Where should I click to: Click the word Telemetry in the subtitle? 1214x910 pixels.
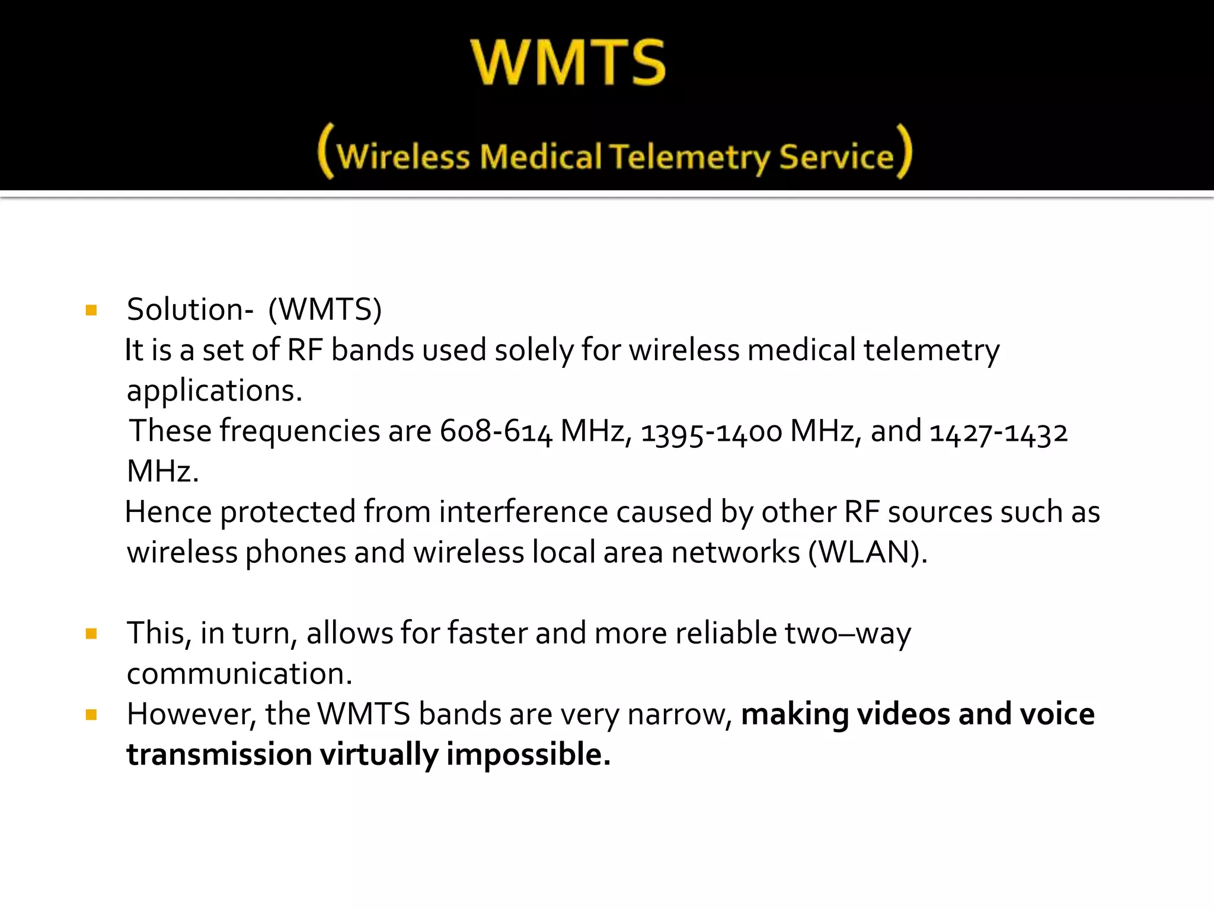coord(690,158)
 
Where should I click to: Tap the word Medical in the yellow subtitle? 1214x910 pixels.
coord(541,158)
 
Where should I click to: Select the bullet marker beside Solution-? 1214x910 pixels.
coord(91,310)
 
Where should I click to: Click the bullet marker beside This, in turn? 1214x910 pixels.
coord(91,634)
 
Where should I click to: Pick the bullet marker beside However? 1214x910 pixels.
coord(91,715)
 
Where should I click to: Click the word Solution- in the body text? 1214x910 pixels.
coord(190,310)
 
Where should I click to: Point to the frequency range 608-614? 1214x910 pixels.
coord(496,431)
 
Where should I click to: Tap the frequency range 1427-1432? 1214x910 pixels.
coord(998,431)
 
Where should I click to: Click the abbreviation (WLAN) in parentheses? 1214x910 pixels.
coord(868,553)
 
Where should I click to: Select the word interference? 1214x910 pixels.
coord(523,512)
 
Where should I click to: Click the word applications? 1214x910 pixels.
coord(215,391)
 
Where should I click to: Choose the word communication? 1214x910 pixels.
coord(239,674)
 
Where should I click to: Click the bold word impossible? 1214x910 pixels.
coord(528,755)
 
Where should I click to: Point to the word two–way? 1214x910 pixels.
coord(848,634)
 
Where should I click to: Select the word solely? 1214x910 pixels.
coord(534,350)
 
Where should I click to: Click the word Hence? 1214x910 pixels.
coord(168,512)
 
